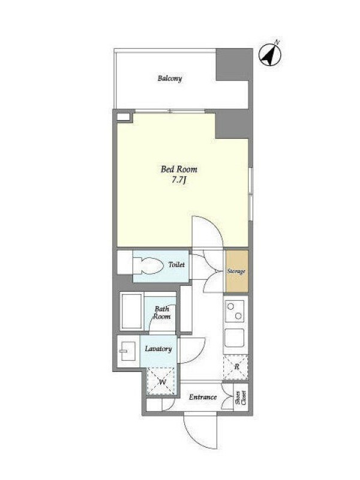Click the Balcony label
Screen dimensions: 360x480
[x=170, y=78]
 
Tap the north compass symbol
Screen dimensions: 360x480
[x=270, y=55]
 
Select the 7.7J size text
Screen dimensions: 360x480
[x=179, y=181]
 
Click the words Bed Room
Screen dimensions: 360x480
[x=179, y=169]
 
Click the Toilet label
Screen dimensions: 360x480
[x=176, y=265]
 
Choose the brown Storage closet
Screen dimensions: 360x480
[x=236, y=271]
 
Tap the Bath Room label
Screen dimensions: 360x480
[x=162, y=313]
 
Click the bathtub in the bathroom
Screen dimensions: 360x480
[x=131, y=311]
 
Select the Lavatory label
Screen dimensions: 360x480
[x=158, y=349]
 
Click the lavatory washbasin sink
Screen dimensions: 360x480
[x=127, y=351]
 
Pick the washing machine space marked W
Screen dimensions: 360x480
[x=162, y=381]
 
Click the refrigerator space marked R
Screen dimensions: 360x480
[x=236, y=367]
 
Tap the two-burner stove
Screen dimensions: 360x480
[x=235, y=311]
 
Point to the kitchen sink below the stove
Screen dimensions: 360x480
[x=235, y=338]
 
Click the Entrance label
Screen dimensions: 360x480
[x=203, y=397]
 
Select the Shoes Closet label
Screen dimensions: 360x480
[x=241, y=397]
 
